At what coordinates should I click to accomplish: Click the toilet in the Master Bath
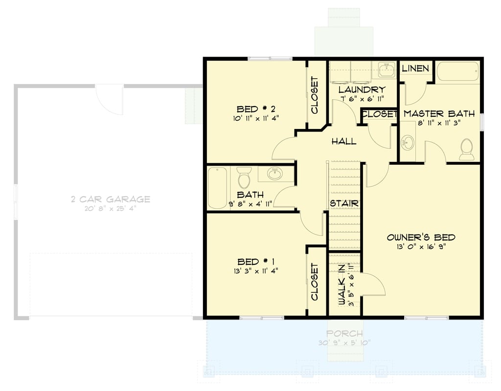click(467, 149)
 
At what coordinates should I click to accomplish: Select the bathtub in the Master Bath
click(457, 72)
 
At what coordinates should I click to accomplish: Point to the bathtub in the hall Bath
click(216, 188)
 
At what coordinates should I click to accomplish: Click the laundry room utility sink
click(387, 69)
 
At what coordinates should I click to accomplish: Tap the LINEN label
click(415, 68)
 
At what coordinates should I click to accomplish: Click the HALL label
click(344, 142)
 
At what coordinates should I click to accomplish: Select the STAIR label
click(344, 203)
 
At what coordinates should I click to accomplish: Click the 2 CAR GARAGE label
click(110, 199)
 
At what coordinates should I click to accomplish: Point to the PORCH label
click(345, 334)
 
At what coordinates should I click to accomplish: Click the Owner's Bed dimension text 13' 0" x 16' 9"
click(421, 247)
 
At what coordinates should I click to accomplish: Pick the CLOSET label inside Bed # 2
click(315, 95)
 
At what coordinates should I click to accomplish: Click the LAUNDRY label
click(362, 90)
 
